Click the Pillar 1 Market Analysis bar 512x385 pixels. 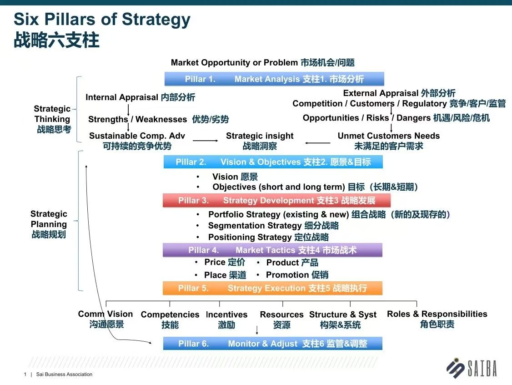pos(274,79)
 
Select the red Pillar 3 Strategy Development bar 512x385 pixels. pos(276,200)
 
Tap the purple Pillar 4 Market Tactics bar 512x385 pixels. pos(273,250)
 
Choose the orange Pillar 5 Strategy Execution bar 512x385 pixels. pos(273,288)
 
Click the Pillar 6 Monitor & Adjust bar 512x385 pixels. pos(273,344)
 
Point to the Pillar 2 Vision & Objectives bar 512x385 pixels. pos(273,162)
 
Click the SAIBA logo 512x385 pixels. pos(472,368)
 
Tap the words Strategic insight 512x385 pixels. pos(260,136)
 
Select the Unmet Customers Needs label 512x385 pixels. pos(389,136)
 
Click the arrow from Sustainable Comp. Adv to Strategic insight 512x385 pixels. pos(206,141)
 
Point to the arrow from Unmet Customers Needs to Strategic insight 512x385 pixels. pos(318,143)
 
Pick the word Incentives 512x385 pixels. pos(226,314)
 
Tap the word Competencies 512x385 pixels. pos(170,314)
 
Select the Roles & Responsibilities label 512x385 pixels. pos(437,314)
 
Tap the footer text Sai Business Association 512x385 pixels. pos(64,374)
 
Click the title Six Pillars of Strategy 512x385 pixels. pos(102,19)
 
